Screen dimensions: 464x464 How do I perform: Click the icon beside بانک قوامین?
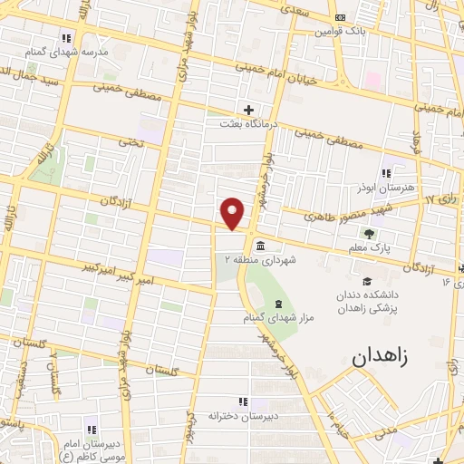pos(340,17)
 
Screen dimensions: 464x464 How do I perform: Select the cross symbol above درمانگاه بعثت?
pos(248,110)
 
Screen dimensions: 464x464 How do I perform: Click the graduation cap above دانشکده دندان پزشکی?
pos(367,281)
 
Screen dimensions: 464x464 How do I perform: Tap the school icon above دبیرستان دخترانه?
pos(242,401)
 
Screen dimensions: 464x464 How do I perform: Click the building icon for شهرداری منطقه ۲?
pos(259,246)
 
